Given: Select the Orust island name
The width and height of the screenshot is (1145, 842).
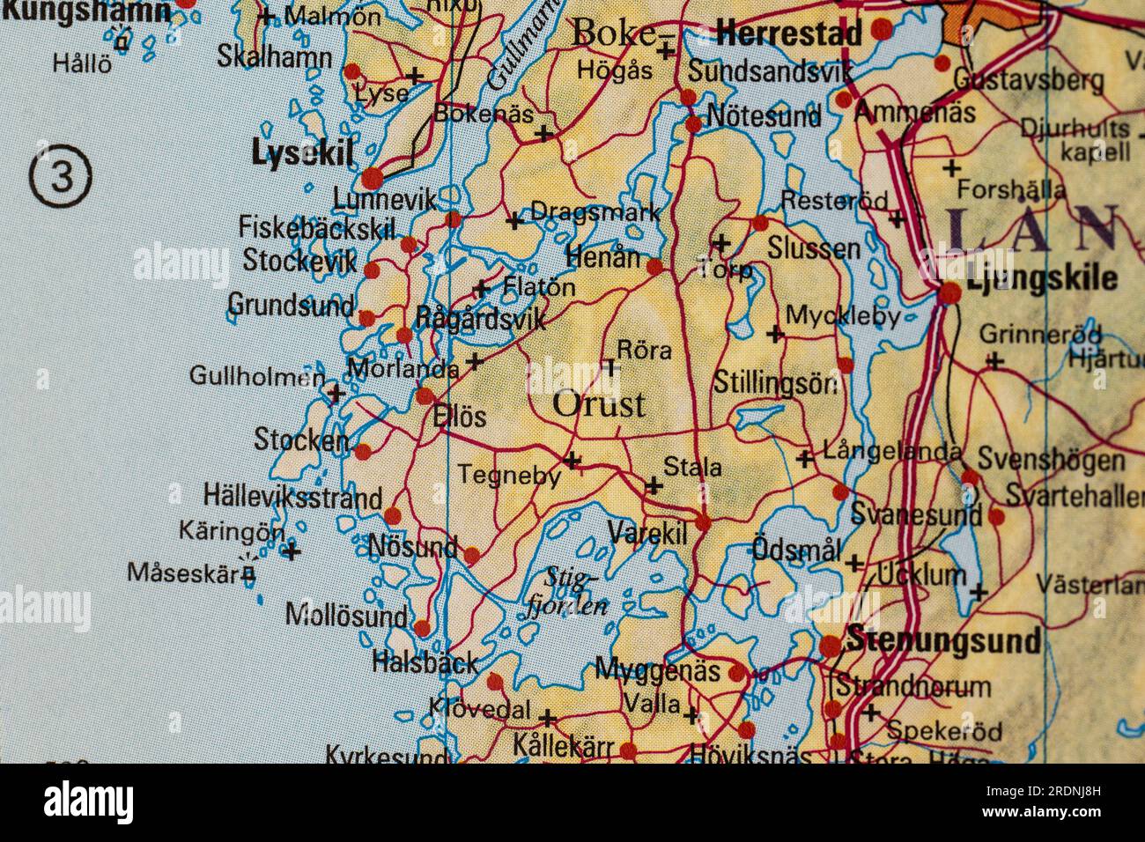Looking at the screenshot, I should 599,404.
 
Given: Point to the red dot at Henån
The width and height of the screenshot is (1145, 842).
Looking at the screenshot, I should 654,267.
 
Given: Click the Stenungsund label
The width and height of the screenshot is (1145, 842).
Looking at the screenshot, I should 942,641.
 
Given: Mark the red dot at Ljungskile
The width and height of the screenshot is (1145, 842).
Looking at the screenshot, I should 949,293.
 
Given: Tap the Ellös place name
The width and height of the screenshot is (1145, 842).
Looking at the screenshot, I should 460,416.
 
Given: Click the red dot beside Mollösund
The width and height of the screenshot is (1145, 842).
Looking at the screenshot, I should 422,628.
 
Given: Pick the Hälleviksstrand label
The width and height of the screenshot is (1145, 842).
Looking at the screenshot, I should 292,497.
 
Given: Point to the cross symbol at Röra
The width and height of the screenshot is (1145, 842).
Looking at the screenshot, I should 609,366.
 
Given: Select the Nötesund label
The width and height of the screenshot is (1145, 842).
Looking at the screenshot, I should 764,116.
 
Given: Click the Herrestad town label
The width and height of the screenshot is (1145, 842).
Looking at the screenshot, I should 789,35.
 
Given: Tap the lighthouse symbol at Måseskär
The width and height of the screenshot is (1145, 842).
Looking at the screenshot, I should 249,573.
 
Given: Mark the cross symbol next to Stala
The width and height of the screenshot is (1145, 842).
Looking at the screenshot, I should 654,485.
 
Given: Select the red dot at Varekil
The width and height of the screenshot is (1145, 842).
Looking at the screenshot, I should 703,523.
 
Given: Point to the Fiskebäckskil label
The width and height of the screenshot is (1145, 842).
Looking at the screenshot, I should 316,229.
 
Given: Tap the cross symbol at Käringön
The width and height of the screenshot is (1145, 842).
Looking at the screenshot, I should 292,553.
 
